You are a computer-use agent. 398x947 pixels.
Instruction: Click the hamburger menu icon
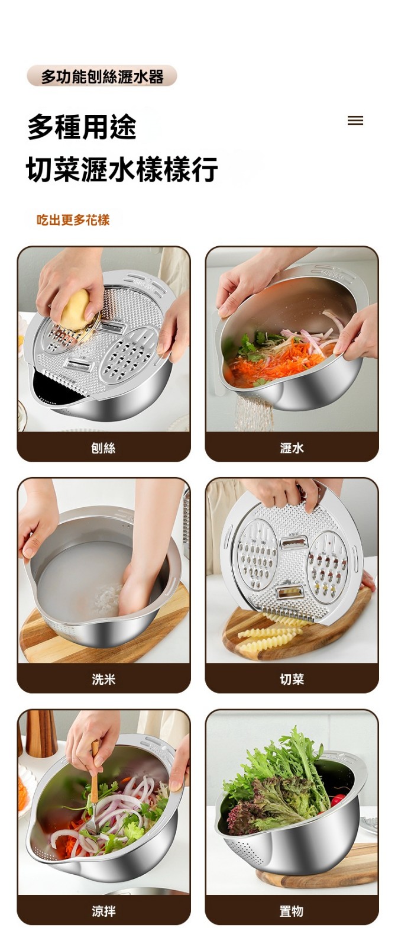point(355,121)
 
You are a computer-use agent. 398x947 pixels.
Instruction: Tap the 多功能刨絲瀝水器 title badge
point(102,76)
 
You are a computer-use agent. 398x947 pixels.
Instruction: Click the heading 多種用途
point(82,127)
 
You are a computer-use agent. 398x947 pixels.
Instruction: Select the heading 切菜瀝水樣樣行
point(122,169)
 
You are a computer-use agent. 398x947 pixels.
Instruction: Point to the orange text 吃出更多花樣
point(73,220)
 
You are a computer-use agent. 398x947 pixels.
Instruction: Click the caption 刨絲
point(103,447)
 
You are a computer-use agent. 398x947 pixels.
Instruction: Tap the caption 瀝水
point(292,447)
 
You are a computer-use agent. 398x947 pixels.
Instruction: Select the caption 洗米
point(103,679)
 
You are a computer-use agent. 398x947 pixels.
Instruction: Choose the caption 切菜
point(292,679)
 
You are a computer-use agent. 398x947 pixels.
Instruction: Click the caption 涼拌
point(103,911)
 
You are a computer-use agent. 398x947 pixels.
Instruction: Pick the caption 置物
point(292,911)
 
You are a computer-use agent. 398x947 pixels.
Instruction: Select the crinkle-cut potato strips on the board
point(270,634)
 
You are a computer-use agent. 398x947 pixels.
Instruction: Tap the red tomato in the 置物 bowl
point(338,800)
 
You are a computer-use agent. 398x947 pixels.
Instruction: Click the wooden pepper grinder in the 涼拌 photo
point(41,733)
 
